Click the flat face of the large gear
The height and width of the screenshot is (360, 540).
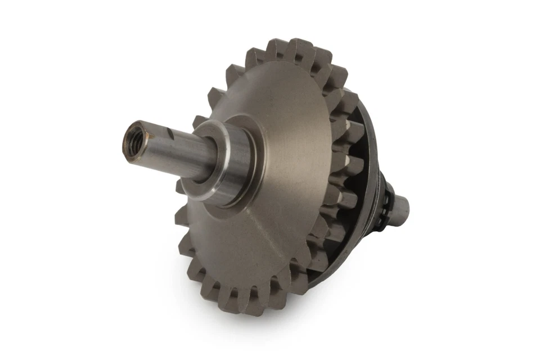click(x=281, y=186)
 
